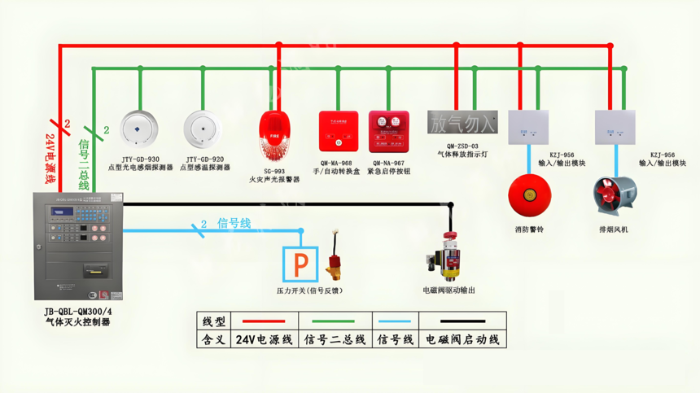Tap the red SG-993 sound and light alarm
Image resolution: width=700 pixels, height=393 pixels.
[x=273, y=135]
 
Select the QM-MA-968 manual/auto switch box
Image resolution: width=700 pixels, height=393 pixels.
[x=338, y=132]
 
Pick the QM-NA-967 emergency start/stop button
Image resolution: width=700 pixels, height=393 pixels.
[x=387, y=132]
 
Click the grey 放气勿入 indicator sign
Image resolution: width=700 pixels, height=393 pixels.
[x=462, y=123]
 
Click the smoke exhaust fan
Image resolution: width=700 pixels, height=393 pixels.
[x=613, y=196]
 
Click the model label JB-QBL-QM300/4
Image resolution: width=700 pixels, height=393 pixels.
[x=78, y=312]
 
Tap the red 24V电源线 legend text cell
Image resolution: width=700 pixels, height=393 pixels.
[x=264, y=339]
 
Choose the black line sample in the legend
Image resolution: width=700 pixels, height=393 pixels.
[x=462, y=321]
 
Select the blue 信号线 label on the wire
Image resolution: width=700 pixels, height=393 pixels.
[x=234, y=224]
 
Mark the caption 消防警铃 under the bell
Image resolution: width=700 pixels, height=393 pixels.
[x=529, y=229]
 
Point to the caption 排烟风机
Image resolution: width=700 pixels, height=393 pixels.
[x=613, y=229]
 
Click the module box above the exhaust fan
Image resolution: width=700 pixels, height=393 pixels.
[x=615, y=128]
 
